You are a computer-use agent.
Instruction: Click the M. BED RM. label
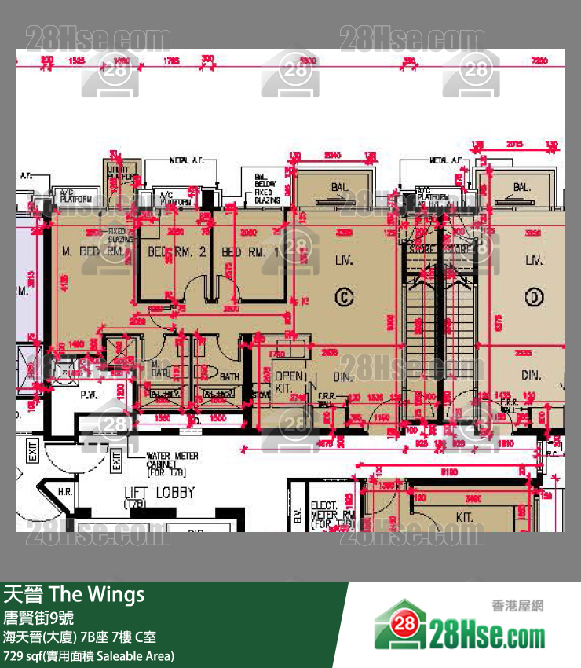click(x=93, y=252)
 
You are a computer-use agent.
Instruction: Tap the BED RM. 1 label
click(x=250, y=252)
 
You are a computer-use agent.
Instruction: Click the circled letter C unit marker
click(x=342, y=296)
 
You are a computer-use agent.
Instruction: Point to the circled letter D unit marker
click(x=535, y=296)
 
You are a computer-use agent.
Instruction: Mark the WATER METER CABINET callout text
click(x=172, y=464)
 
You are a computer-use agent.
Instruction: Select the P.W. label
click(x=88, y=396)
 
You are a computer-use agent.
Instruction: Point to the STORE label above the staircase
click(x=422, y=249)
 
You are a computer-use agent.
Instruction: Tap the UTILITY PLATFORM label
click(x=113, y=174)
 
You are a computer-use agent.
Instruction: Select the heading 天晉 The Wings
click(x=74, y=594)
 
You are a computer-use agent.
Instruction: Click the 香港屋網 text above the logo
click(x=517, y=606)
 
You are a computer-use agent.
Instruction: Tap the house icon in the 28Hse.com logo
click(x=400, y=625)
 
